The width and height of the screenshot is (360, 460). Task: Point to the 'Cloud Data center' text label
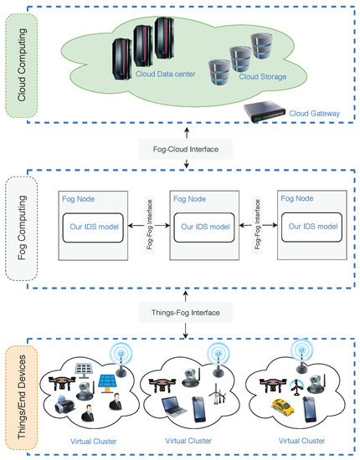click(164, 74)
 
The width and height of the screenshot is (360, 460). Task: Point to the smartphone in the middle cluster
click(201, 410)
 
